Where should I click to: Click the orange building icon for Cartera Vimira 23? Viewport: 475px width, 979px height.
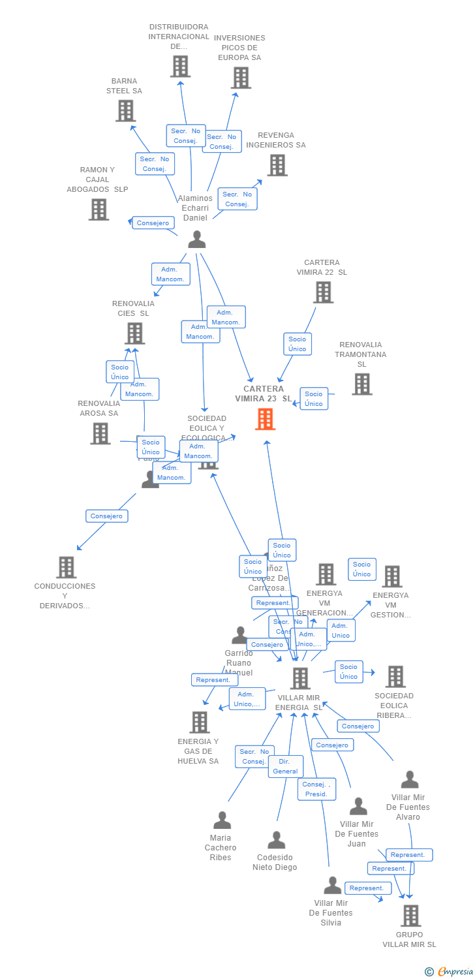pos(265,419)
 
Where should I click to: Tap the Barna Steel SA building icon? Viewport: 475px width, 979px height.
pos(125,111)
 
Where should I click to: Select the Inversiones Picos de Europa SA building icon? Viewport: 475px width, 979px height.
pos(241,78)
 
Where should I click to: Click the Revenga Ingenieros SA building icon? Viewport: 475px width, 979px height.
pos(277,165)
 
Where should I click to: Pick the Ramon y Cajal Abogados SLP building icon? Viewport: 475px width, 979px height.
pos(99,210)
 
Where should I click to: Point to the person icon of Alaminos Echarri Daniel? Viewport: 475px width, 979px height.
pos(196,240)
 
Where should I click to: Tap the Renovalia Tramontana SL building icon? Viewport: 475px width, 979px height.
pos(362,384)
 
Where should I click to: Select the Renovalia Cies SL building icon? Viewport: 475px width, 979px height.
pos(134,334)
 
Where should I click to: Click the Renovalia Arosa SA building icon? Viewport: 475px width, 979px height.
pos(100,433)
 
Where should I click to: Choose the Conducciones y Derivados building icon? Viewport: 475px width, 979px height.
pos(66,567)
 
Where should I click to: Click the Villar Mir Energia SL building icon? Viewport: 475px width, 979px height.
pos(299,679)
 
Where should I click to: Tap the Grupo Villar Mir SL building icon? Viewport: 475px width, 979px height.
pos(410,916)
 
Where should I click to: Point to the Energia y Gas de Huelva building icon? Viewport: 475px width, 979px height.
pos(200,723)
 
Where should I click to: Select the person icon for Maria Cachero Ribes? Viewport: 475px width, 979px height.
pos(222,820)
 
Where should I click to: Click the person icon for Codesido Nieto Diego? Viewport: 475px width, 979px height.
pos(276,840)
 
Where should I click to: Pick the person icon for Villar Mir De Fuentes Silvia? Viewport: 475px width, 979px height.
pos(332,886)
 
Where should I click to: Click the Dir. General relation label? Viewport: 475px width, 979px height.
pos(286,766)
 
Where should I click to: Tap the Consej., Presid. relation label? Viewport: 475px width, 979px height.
pos(317,789)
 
